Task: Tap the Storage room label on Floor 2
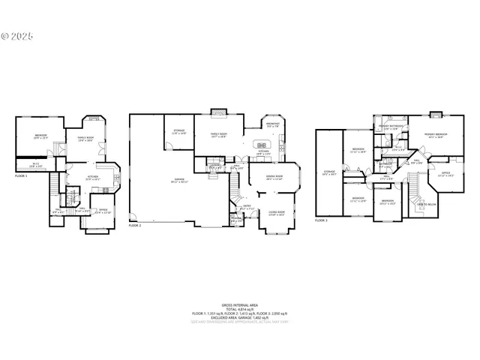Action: point(178,132)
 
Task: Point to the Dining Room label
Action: point(273,177)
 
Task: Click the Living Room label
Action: point(276,213)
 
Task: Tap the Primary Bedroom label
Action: point(436,135)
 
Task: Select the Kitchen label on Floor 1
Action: point(92,178)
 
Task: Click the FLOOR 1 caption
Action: point(21,175)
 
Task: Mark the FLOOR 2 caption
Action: point(134,225)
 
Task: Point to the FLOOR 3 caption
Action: point(322,221)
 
